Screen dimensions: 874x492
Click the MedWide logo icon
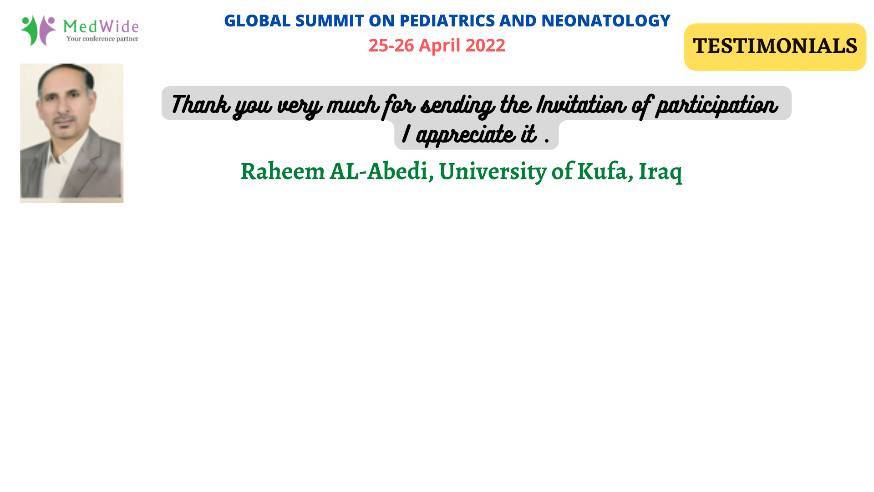38,30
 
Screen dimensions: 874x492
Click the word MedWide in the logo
101,26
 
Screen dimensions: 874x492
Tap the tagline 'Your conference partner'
102,39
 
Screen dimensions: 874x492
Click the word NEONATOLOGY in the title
606,20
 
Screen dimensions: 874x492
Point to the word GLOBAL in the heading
257,20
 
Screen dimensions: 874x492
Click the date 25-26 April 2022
437,45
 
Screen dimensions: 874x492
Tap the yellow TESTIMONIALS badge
775,47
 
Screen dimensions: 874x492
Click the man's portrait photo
72,133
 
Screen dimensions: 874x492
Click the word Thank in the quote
200,104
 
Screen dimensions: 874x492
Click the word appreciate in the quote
466,135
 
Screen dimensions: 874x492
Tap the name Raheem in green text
283,171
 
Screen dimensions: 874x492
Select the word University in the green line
493,172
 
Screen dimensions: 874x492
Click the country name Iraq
660,172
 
